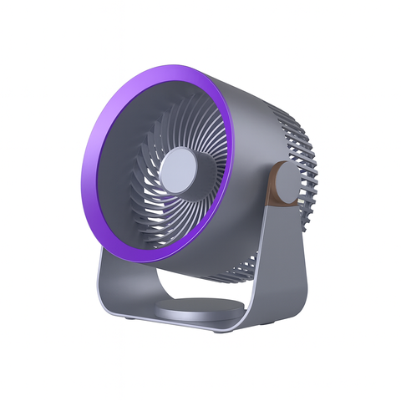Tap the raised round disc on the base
(x=194, y=311)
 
